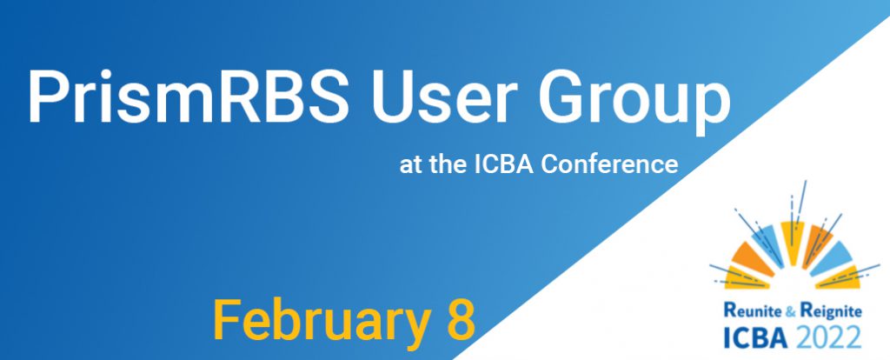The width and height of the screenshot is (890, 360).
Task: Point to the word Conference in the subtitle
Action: click(609, 164)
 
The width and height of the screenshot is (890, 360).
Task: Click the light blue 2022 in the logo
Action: click(828, 338)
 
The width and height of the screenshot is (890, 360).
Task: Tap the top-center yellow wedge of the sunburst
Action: click(792, 242)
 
